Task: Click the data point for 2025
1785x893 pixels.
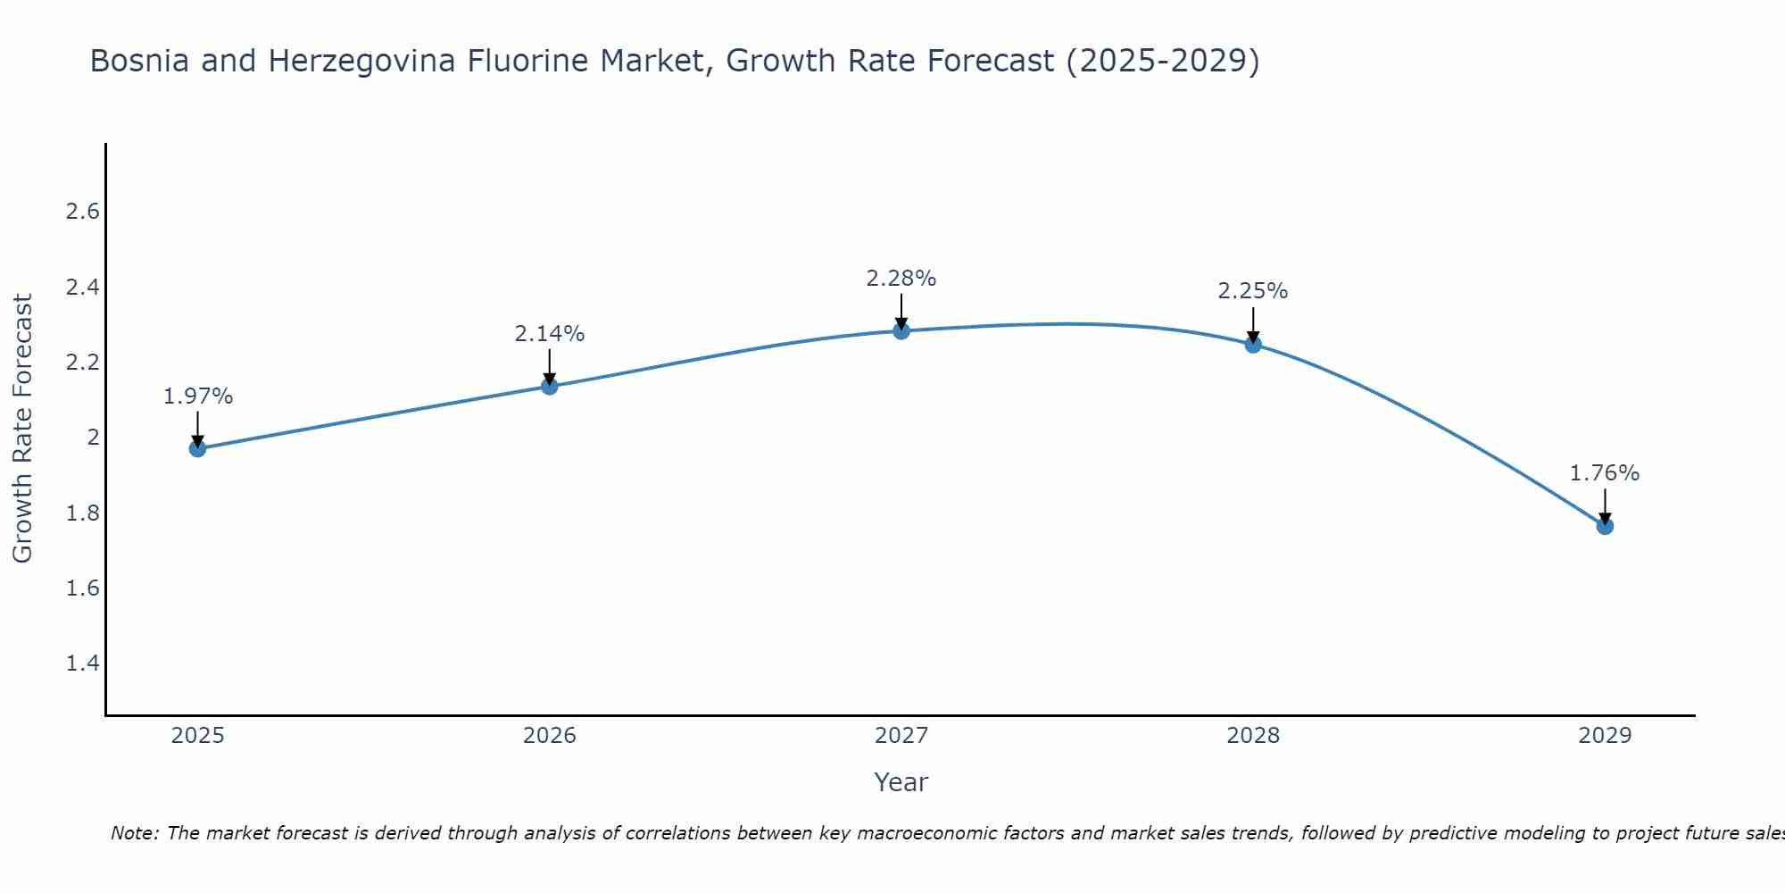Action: [x=197, y=448]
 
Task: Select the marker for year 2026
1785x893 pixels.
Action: [x=550, y=386]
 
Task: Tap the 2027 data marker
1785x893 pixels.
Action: [x=901, y=331]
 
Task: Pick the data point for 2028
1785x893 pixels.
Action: [x=1253, y=344]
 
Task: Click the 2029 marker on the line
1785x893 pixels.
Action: [x=1605, y=526]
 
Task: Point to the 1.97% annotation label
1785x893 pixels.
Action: [x=197, y=396]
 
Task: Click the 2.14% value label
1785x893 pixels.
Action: [x=550, y=334]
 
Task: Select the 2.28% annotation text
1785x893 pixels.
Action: [x=901, y=279]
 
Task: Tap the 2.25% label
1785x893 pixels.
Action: [x=1253, y=291]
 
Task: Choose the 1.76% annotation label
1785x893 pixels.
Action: [x=1605, y=473]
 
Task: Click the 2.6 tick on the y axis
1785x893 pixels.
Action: [x=82, y=212]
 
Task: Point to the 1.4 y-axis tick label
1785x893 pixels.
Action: [x=82, y=663]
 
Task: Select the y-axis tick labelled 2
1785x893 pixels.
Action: [x=93, y=438]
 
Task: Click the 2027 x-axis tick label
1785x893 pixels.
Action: [x=901, y=736]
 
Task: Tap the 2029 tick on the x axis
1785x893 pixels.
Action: [x=1605, y=736]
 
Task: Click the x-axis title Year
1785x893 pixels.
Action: [x=901, y=782]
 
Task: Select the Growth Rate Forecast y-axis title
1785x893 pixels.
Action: [x=23, y=429]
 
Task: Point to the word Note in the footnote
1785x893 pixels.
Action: [x=134, y=833]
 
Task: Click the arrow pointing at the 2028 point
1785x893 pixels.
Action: [x=1253, y=325]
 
